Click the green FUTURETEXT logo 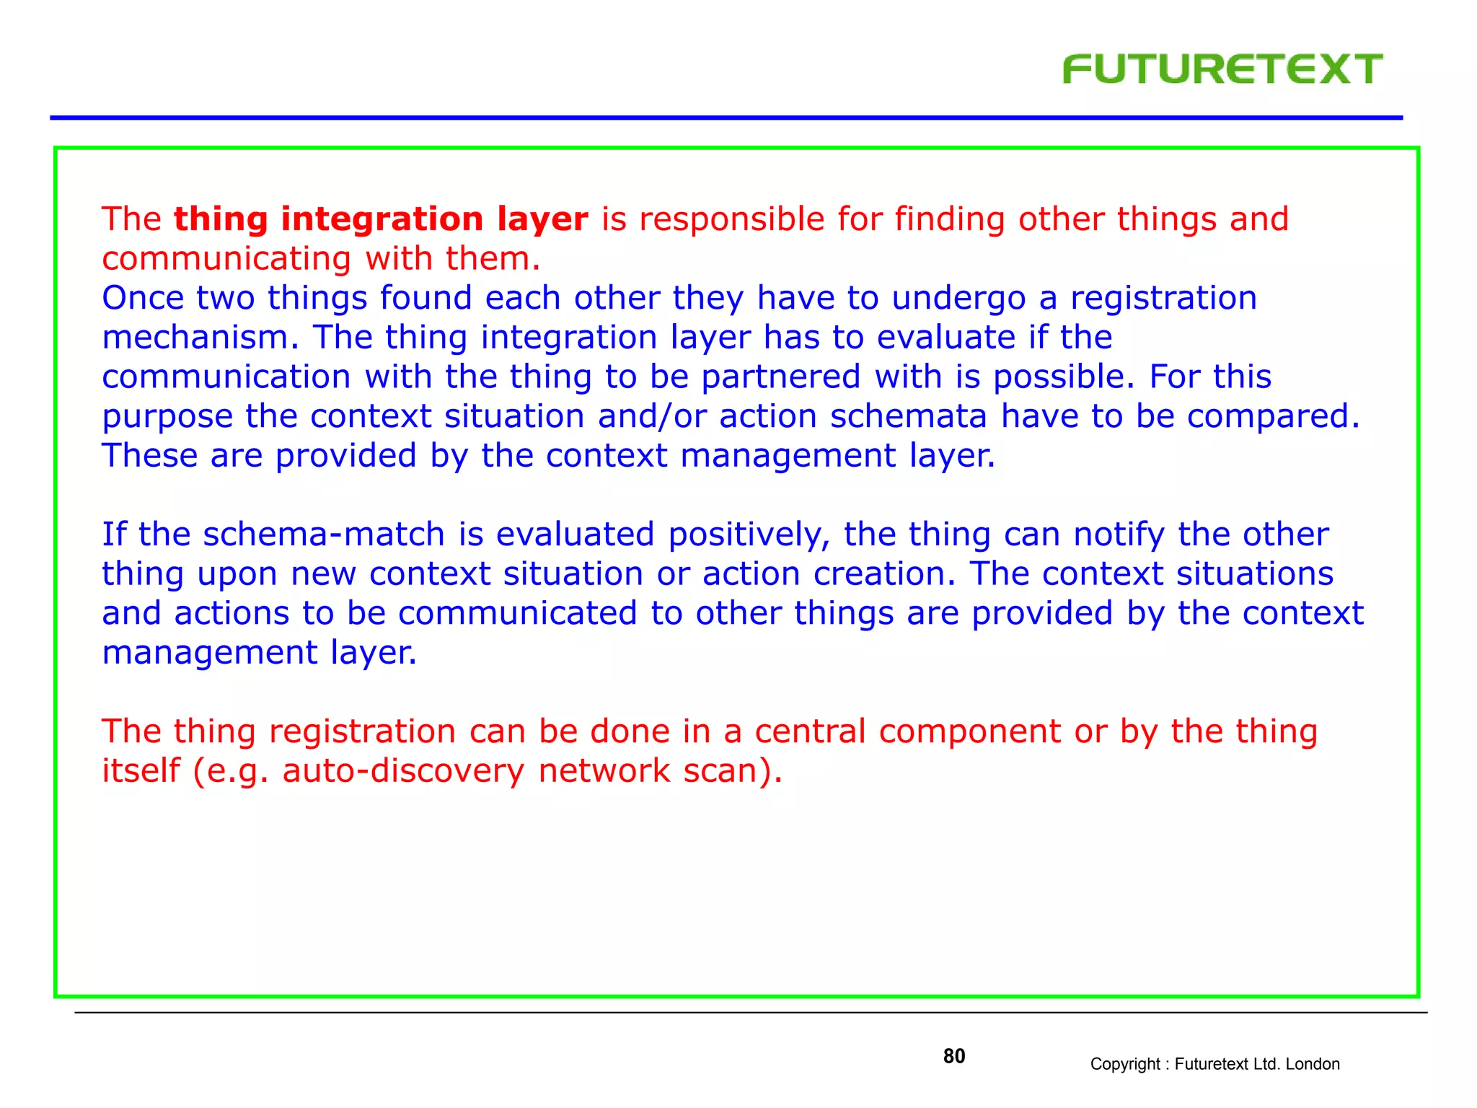1222,69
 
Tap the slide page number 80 953,1056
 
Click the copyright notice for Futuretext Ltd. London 1214,1064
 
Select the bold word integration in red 382,219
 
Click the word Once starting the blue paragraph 142,298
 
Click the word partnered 780,377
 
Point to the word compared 1272,417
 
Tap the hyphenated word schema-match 324,535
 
